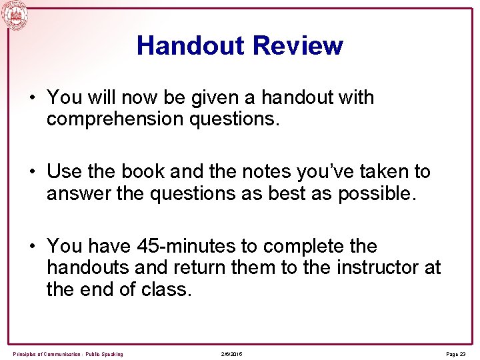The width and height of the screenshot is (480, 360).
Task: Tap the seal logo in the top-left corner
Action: pyautogui.click(x=15, y=15)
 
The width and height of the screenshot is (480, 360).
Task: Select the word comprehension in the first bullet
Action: pyautogui.click(x=113, y=120)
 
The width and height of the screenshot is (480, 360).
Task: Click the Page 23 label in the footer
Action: pyautogui.click(x=455, y=354)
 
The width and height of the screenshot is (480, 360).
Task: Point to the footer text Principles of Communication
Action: pyautogui.click(x=67, y=354)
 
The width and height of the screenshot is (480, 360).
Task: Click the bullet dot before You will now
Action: pyautogui.click(x=31, y=98)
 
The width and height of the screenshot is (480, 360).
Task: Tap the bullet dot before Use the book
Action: pyautogui.click(x=31, y=172)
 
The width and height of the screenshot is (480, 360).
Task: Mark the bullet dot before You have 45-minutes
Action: pyautogui.click(x=31, y=247)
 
